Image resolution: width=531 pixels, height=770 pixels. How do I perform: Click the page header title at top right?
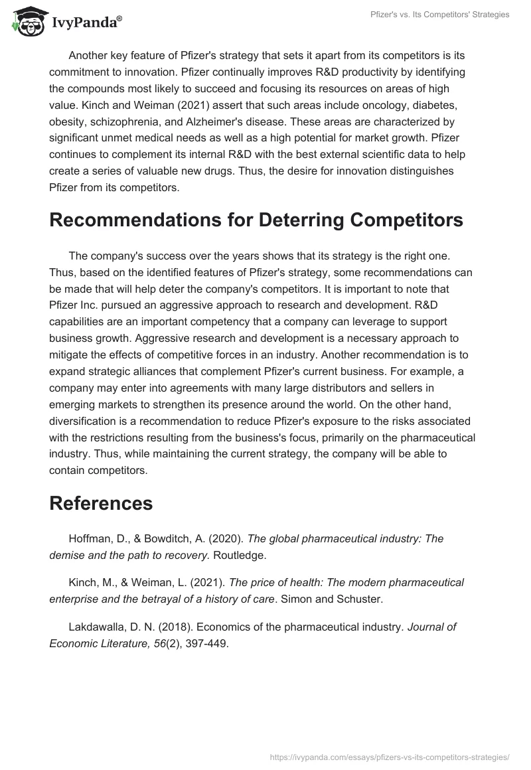tap(439, 15)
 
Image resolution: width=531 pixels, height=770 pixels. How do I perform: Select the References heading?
tap(101, 502)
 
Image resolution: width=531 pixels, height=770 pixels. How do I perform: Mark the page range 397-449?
tap(204, 643)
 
